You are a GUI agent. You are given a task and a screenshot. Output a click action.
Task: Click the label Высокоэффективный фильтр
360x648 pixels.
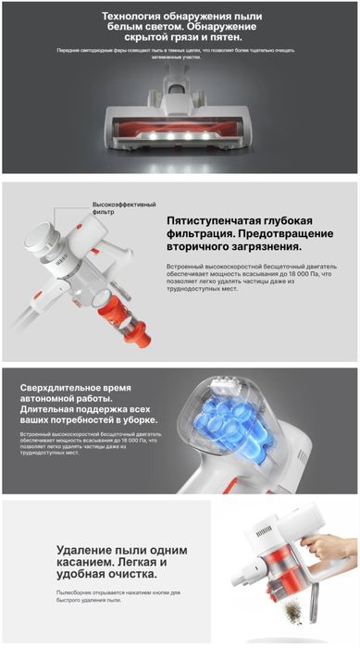pyautogui.click(x=124, y=208)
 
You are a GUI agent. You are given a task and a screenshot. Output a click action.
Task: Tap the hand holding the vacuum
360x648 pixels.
pyautogui.click(x=329, y=547)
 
